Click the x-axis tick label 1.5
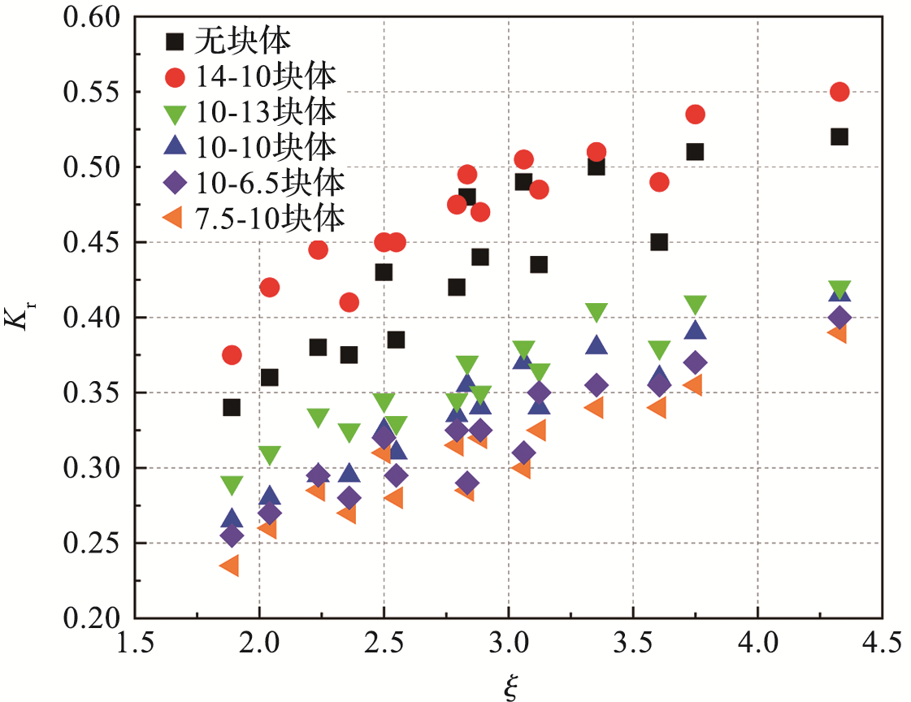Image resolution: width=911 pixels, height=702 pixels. point(135,646)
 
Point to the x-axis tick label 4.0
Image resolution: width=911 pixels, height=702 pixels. point(757,646)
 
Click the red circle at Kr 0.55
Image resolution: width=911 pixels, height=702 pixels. point(839,92)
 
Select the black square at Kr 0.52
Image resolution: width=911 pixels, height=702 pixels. point(839,136)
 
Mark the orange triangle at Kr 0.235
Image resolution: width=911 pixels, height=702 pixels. point(229,565)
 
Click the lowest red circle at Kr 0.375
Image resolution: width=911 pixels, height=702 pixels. point(232,355)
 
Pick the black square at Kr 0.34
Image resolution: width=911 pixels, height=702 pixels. point(232,407)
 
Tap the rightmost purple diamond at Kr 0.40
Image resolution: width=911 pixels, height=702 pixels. point(839,318)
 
